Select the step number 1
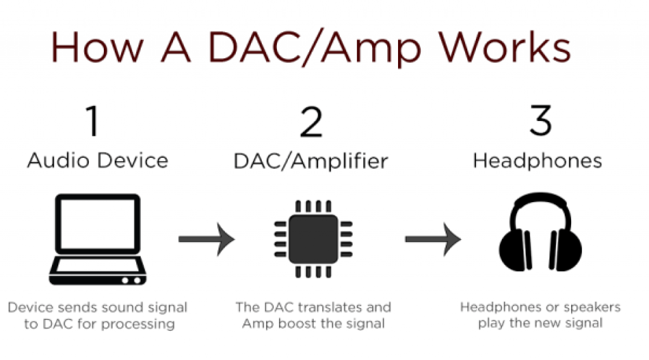click(93, 120)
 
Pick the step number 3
click(541, 120)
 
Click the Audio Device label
click(98, 160)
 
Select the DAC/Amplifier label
click(311, 162)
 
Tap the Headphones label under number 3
click(537, 160)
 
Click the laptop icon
click(98, 239)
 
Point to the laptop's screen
click(98, 224)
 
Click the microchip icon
click(313, 239)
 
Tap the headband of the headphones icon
click(540, 200)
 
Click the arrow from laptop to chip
click(207, 239)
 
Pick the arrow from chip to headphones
click(433, 239)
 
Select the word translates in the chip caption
click(326, 307)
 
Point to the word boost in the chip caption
click(297, 323)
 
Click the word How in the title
click(97, 47)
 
